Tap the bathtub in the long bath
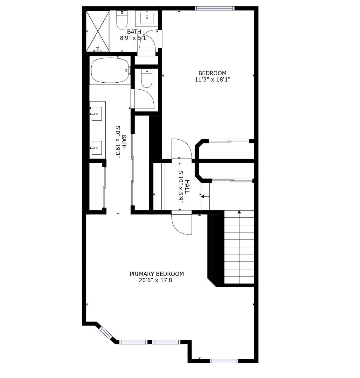(x=110, y=70)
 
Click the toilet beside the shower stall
(x=122, y=21)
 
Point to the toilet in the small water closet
(x=146, y=78)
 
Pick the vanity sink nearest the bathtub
(x=96, y=114)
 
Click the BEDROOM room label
(x=212, y=73)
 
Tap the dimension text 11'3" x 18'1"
(x=212, y=79)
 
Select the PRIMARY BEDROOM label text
(x=157, y=274)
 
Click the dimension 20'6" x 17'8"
(x=157, y=280)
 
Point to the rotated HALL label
(x=187, y=187)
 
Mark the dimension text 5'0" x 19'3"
(x=118, y=142)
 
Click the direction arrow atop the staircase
(x=239, y=212)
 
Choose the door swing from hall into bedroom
(x=181, y=149)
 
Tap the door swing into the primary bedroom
(x=181, y=224)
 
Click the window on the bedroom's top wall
(x=214, y=8)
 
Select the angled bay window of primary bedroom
(x=106, y=332)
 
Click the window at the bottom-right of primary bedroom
(x=224, y=361)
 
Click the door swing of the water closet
(x=144, y=99)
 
